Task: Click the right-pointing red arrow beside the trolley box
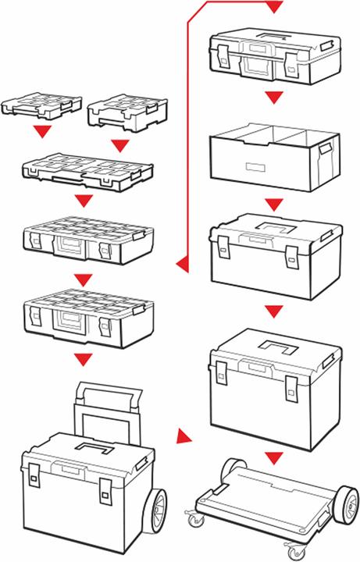[x=184, y=436]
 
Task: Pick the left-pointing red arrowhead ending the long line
[x=183, y=265]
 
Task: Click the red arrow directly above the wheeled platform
[x=272, y=456]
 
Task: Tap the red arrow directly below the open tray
[x=272, y=204]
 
